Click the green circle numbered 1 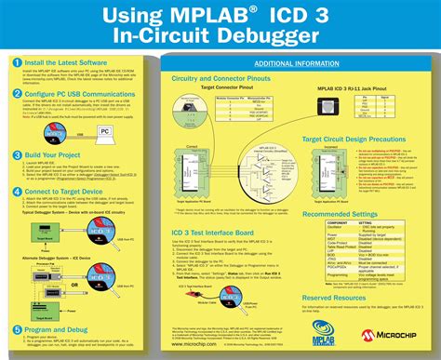(17, 62)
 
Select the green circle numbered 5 (17, 304)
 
